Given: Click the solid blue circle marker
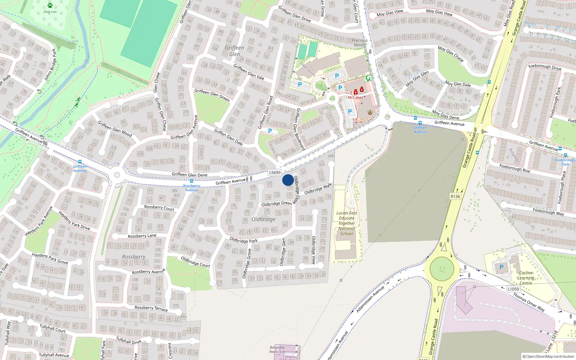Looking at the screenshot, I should click(x=288, y=180).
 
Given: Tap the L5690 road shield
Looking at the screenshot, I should click(x=275, y=173).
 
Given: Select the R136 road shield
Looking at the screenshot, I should click(x=455, y=197).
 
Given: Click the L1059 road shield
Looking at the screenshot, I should click(x=513, y=289).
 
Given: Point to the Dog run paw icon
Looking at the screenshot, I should click(x=50, y=5).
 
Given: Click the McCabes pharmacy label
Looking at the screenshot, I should click(x=355, y=98).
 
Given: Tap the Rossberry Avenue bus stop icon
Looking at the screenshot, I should click(x=191, y=181).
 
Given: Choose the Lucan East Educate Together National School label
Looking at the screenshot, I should click(x=347, y=223).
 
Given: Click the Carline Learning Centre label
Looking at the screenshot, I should click(x=526, y=278).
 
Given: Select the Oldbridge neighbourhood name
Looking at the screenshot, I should click(x=263, y=219).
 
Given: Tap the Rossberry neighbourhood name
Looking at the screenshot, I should click(x=134, y=257).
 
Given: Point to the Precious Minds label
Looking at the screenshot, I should click(x=359, y=42).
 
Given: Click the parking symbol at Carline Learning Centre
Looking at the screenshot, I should click(x=501, y=267).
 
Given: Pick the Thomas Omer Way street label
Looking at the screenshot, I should click(x=528, y=302).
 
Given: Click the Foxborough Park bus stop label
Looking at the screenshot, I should click(x=565, y=162).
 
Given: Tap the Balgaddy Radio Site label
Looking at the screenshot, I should click(x=277, y=350).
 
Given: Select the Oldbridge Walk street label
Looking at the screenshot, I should click(x=318, y=189).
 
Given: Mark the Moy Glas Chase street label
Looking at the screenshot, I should click(x=450, y=54).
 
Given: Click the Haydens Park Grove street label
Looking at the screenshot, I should click(x=50, y=258).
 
